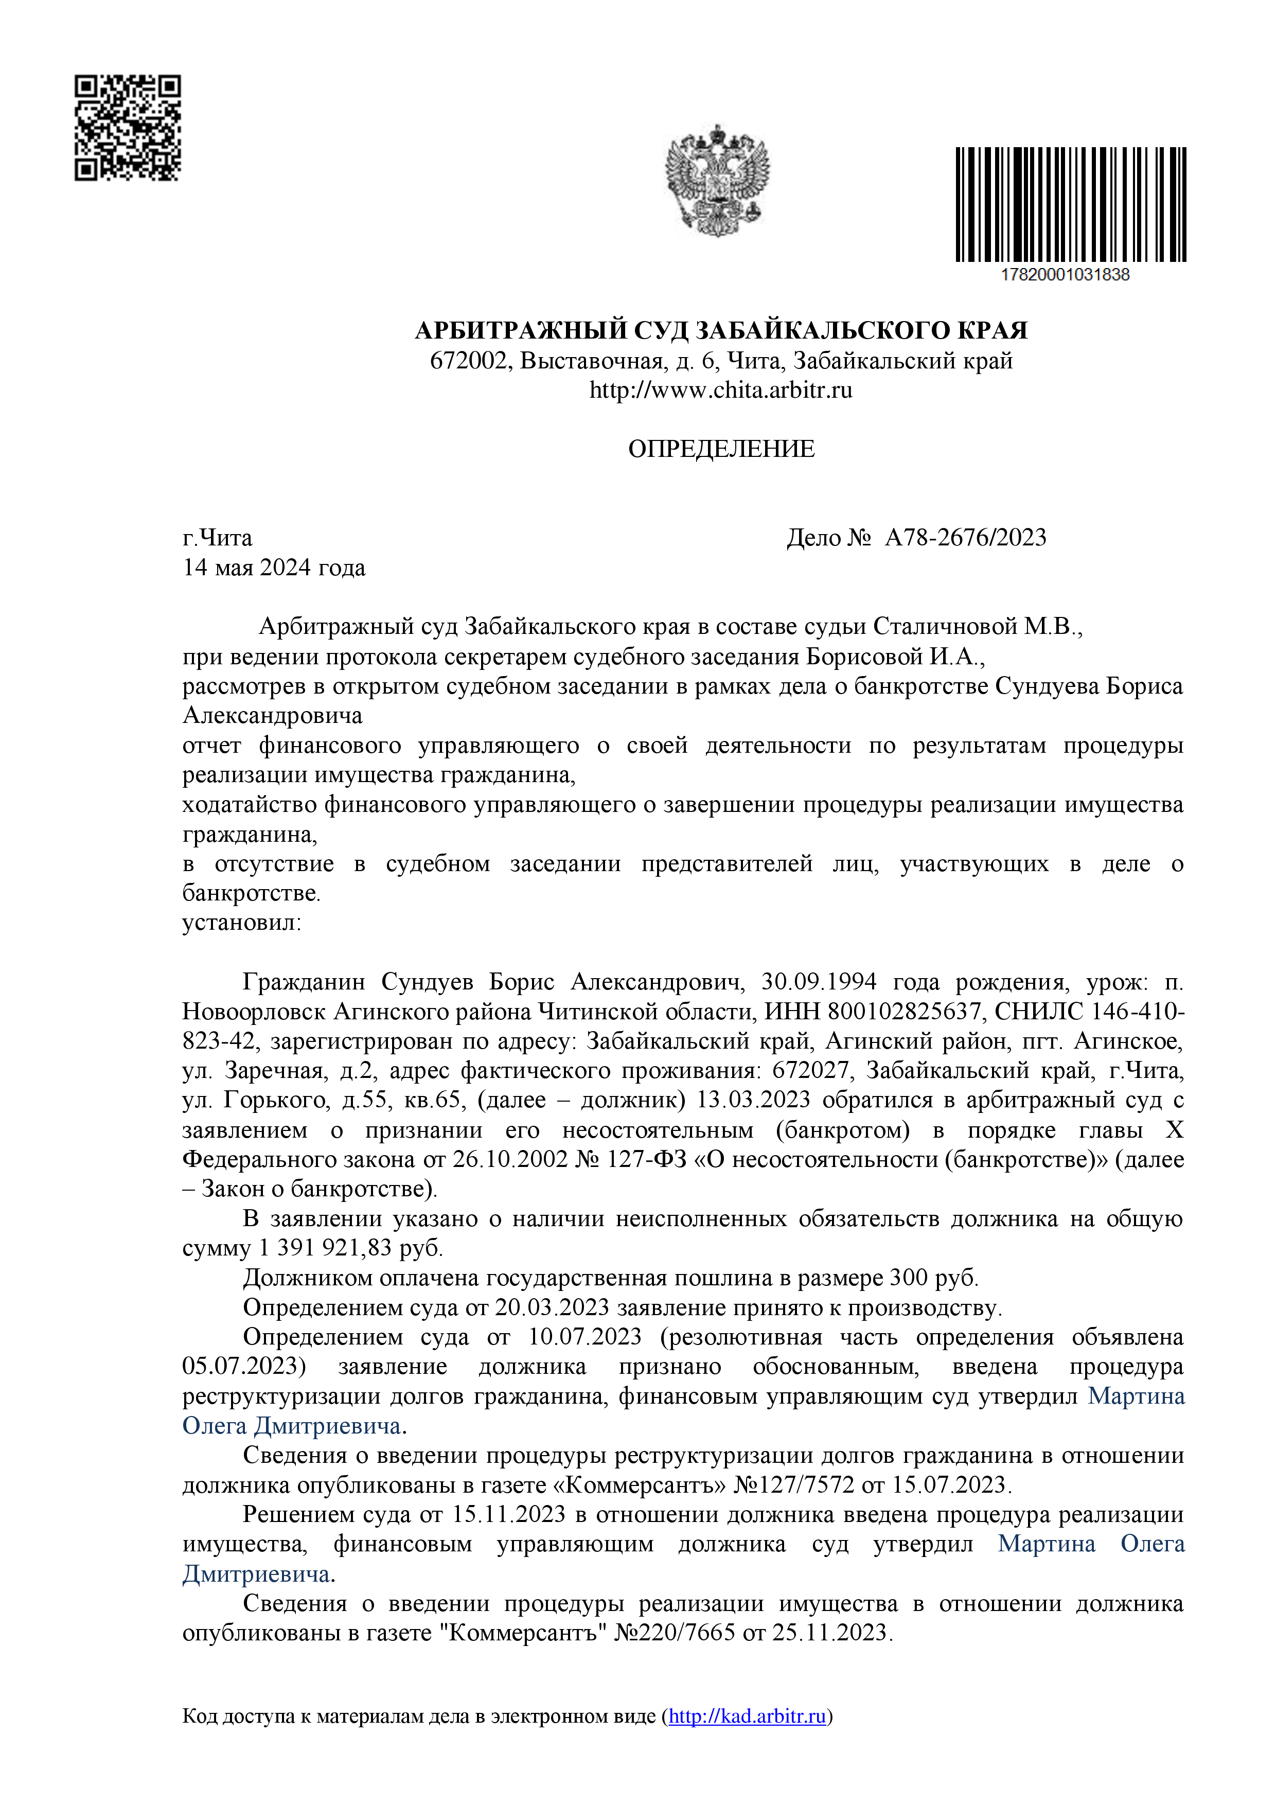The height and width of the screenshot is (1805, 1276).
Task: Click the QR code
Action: pyautogui.click(x=128, y=128)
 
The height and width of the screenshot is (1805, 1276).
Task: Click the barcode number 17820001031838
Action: pyautogui.click(x=1065, y=274)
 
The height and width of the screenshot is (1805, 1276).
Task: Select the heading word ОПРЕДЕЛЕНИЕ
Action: pyautogui.click(x=721, y=449)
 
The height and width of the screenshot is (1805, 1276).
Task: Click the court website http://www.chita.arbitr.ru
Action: pyautogui.click(x=721, y=390)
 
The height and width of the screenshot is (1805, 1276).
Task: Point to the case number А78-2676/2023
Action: pyautogui.click(x=965, y=538)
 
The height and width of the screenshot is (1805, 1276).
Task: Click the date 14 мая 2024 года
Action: pyautogui.click(x=274, y=568)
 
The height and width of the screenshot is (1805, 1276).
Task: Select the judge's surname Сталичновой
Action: pyautogui.click(x=945, y=627)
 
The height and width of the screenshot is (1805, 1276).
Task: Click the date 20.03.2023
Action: pyautogui.click(x=552, y=1307)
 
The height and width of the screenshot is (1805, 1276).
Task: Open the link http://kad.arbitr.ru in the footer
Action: pyautogui.click(x=747, y=1715)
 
